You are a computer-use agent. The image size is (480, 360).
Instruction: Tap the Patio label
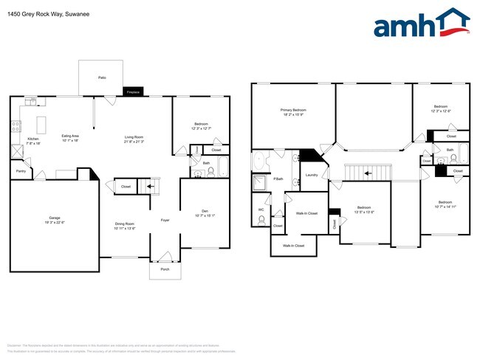click(x=101, y=77)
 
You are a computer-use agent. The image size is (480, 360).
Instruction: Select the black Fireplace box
click(x=134, y=92)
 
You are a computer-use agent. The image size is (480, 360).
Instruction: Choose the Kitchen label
click(x=33, y=138)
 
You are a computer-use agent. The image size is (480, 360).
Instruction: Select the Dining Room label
click(x=124, y=226)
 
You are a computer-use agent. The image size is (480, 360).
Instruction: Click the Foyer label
click(x=166, y=220)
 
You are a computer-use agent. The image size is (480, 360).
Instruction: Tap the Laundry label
click(x=311, y=175)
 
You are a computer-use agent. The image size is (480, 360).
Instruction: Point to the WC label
click(x=261, y=210)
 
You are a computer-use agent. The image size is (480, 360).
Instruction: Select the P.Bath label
click(x=278, y=179)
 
